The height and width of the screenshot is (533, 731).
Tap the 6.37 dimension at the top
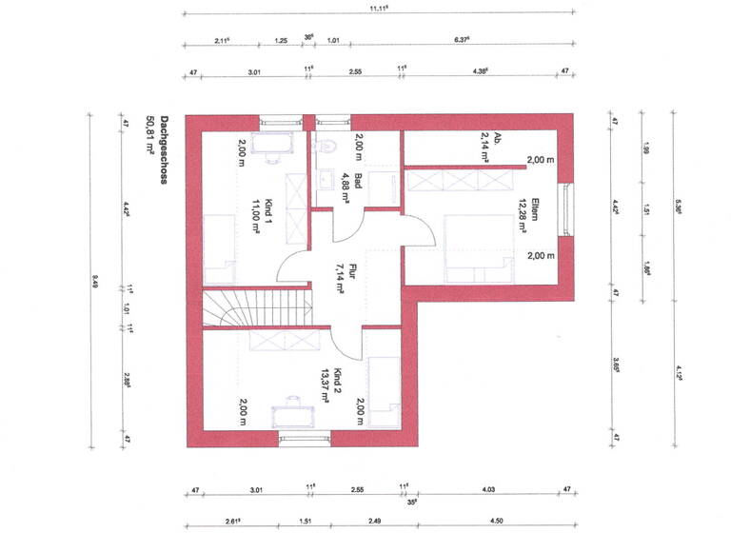tap(464, 40)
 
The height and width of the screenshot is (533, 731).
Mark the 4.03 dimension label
tap(489, 490)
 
